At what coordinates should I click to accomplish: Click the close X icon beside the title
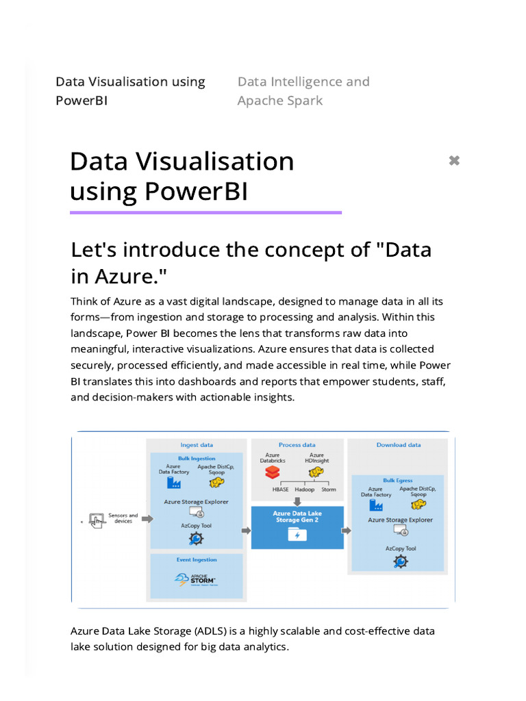coord(453,161)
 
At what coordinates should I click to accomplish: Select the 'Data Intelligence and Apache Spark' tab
coord(303,91)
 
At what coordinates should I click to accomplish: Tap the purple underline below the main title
coord(205,213)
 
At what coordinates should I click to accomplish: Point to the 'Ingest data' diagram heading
coord(197,445)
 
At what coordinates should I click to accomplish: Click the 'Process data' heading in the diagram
coord(297,445)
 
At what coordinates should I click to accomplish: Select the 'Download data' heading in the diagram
coord(399,445)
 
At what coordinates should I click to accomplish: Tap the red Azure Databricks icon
coord(273,472)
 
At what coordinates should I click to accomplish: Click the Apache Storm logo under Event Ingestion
coord(196,581)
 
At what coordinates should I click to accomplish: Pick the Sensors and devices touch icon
coord(96,520)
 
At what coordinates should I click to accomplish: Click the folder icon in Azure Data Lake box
coord(297,535)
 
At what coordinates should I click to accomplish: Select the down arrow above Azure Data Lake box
coord(297,501)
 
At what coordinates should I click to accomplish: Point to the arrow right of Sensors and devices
coord(147,519)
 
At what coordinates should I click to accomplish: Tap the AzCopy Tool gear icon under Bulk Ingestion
coord(196,538)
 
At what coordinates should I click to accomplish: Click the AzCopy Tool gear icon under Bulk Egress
coord(401,561)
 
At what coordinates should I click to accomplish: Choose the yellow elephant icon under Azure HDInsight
coord(316,472)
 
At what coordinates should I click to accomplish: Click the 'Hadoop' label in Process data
coord(304,489)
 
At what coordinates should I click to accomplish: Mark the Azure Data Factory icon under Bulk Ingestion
coord(174,483)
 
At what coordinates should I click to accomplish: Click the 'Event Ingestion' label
coord(197,560)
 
